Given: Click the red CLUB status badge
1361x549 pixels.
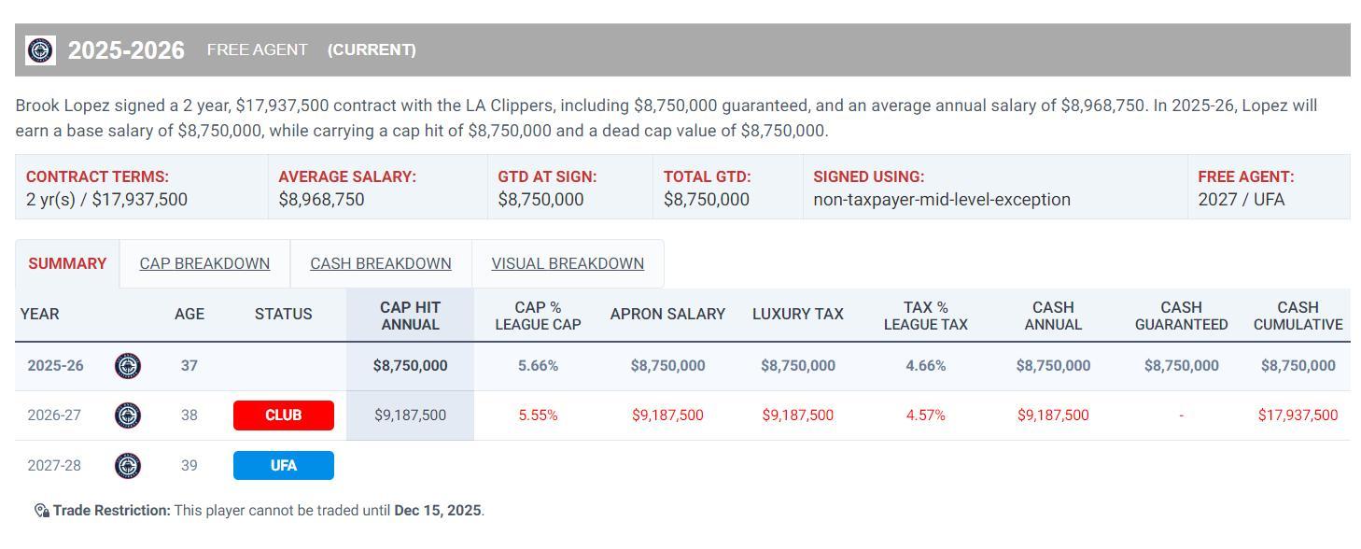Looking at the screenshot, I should (x=283, y=415).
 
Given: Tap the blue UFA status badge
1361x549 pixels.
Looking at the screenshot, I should (x=283, y=465).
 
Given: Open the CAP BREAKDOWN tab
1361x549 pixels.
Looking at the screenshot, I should (x=204, y=263).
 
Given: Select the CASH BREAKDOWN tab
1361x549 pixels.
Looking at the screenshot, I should (x=380, y=263).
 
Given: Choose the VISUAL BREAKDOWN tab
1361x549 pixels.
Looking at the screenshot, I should (x=568, y=263).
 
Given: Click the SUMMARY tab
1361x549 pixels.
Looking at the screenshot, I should (x=67, y=263).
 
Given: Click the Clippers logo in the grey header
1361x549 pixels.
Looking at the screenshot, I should (x=40, y=50).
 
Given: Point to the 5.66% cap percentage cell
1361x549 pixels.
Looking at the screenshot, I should (x=538, y=366).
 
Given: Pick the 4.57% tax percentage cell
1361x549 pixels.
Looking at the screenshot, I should (x=925, y=415).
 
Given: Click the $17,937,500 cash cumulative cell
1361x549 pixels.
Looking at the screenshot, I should (x=1298, y=415).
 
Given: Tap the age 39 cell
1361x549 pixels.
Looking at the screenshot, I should (x=189, y=465).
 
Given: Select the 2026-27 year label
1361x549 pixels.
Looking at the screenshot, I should (x=54, y=415).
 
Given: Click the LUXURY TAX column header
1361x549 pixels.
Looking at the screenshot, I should (x=797, y=315).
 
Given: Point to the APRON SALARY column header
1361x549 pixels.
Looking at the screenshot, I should (x=667, y=315).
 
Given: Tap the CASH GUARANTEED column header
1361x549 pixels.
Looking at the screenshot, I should (x=1181, y=316).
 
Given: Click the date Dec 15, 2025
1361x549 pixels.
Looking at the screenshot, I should (x=437, y=511).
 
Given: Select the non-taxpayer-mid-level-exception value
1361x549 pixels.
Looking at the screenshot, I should (x=941, y=200).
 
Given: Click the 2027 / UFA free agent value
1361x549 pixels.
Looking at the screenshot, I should (x=1241, y=200).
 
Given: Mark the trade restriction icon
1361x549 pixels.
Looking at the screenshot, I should (x=41, y=511).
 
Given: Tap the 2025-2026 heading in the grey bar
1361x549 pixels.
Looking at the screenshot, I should (x=126, y=50).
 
